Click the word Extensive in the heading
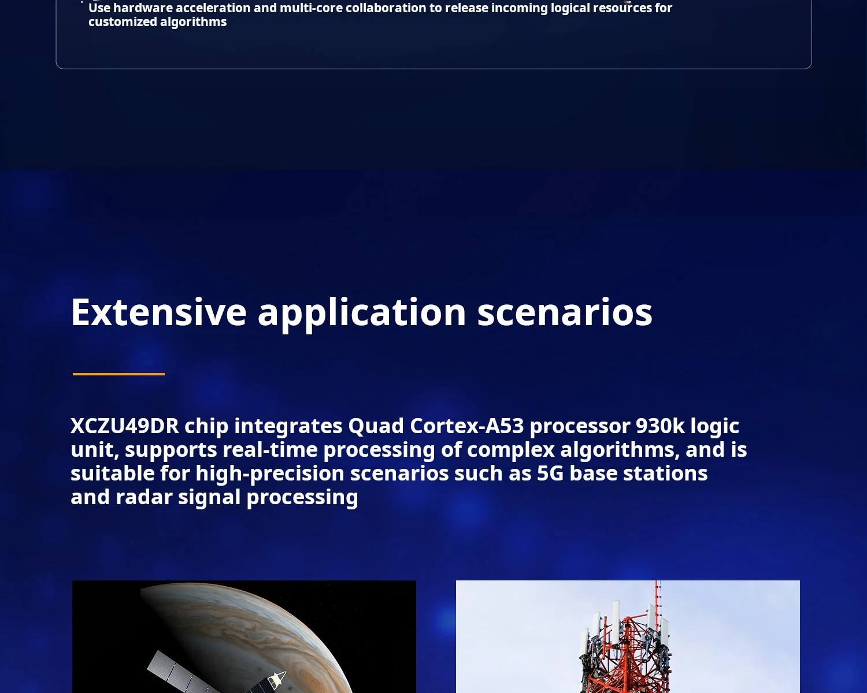[x=158, y=312]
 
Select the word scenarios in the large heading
[x=565, y=312]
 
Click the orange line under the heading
[x=118, y=374]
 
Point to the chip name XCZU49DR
[x=124, y=426]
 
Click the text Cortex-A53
[x=466, y=426]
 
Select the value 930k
[x=660, y=426]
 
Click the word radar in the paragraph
[x=144, y=497]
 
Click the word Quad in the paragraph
[x=376, y=426]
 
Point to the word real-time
[x=270, y=450]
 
